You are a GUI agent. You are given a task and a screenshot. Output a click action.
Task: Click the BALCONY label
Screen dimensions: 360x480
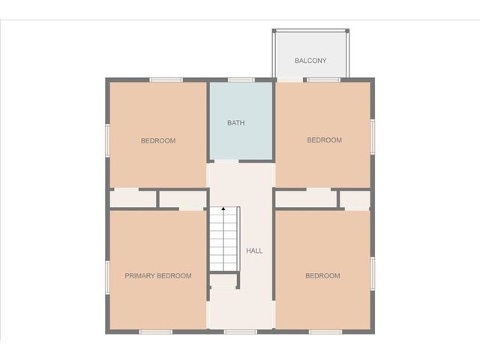coord(310,61)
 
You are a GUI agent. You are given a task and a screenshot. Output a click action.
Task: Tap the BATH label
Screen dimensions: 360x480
coord(236,122)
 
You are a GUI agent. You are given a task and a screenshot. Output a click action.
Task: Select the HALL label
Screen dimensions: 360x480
coord(255,250)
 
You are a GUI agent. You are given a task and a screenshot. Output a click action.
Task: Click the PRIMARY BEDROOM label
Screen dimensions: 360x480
coord(158,276)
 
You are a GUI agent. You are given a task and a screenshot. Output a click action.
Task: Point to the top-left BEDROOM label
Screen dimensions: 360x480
coord(158,141)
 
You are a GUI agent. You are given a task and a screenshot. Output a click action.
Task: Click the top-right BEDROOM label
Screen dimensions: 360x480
coord(325,140)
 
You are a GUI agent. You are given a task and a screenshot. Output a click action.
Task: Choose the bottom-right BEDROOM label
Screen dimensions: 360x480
coord(322,276)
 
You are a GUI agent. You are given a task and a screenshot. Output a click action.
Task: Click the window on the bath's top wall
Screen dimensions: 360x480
coord(241,79)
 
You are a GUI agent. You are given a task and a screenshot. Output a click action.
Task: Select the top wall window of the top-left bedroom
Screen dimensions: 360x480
coord(166,79)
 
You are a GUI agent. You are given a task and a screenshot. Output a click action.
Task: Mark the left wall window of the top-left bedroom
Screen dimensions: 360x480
coord(107,140)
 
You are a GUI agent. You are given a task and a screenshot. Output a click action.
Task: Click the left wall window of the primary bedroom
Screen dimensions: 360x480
coord(107,275)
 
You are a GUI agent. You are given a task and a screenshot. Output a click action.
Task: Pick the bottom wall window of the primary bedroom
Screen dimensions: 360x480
coord(155,331)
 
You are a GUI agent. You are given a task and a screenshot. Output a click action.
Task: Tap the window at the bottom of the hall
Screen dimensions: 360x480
coord(241,331)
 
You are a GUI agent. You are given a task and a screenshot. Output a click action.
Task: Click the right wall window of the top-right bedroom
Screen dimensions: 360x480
coord(373,136)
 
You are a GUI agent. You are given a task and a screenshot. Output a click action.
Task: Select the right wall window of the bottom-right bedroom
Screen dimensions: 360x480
coord(373,272)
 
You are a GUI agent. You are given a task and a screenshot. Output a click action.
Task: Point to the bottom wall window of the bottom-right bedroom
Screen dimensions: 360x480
coord(325,331)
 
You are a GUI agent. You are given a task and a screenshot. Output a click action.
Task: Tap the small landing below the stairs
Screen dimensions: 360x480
coord(223,282)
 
